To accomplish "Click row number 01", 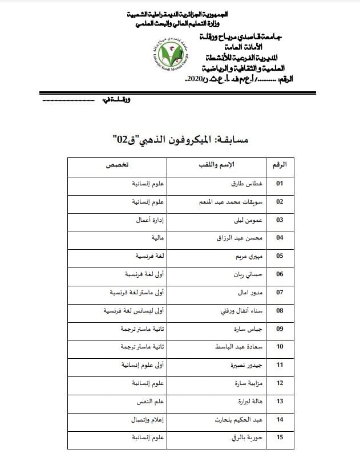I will pos(280,184).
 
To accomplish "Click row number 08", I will pos(280,311).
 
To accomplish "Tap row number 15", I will pos(280,438).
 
